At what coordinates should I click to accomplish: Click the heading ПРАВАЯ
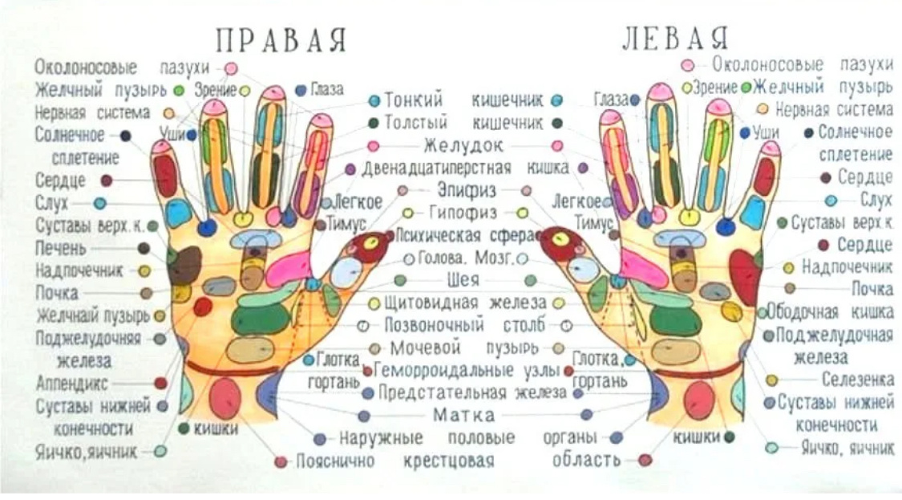pos(281,39)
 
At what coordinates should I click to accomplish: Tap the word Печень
pos(61,247)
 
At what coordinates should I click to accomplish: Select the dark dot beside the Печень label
pos(144,248)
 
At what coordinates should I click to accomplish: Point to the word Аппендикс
pos(71,383)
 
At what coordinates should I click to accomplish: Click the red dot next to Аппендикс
pos(160,384)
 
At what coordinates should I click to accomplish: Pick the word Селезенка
pos(856,379)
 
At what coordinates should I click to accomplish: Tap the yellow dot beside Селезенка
pos(771,380)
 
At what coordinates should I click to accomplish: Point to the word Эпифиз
pos(467,191)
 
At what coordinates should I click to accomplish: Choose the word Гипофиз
pos(463,213)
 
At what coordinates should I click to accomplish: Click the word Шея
pos(463,280)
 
